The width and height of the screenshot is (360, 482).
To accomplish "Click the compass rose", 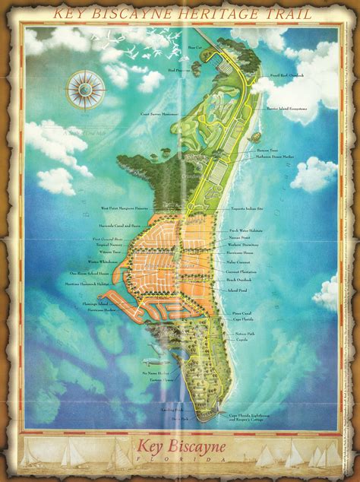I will [x=85, y=89].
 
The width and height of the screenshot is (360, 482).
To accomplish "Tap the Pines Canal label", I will [x=242, y=313].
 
